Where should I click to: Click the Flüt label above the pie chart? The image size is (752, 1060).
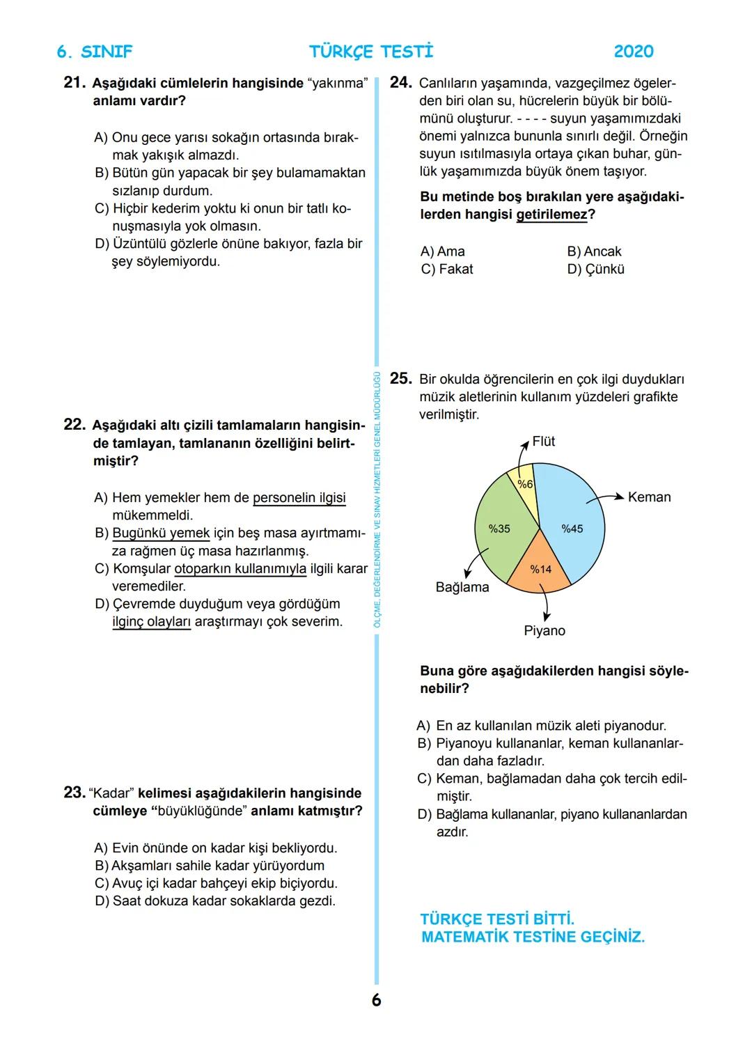click(543, 442)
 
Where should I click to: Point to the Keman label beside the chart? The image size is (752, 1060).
click(649, 497)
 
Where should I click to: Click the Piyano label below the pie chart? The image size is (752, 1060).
click(545, 631)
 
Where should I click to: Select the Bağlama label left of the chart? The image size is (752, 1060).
click(462, 587)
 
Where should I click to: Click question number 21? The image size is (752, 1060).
click(74, 83)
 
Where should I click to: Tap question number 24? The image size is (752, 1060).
click(400, 83)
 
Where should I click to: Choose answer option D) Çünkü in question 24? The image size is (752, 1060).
click(595, 270)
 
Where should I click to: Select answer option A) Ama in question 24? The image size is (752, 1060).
click(443, 251)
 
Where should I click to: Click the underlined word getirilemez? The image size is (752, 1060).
click(551, 215)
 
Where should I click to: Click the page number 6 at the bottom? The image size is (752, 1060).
click(376, 1001)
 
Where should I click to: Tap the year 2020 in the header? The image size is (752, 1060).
click(634, 52)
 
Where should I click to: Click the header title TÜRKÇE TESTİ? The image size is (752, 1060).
click(371, 52)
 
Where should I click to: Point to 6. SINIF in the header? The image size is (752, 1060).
click(95, 52)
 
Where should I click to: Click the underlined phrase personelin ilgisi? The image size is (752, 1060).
click(299, 498)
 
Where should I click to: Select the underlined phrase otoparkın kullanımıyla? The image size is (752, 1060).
click(240, 569)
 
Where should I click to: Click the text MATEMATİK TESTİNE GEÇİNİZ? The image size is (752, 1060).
click(533, 937)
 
